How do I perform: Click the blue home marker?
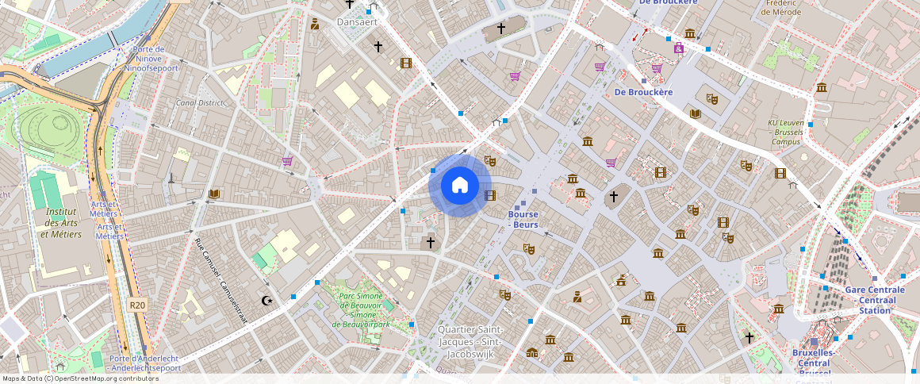tap(459, 186)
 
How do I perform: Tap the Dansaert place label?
tap(357, 22)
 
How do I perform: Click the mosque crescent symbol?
tap(267, 300)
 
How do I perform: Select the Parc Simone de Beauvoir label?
tap(361, 310)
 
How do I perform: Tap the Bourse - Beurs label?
tap(523, 220)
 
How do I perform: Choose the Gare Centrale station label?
tap(875, 300)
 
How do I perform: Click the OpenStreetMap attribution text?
tap(80, 378)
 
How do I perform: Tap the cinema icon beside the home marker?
tap(489, 195)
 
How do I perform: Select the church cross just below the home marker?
tap(431, 242)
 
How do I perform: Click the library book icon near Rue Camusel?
tap(213, 194)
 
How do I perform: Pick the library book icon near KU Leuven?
tap(696, 114)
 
